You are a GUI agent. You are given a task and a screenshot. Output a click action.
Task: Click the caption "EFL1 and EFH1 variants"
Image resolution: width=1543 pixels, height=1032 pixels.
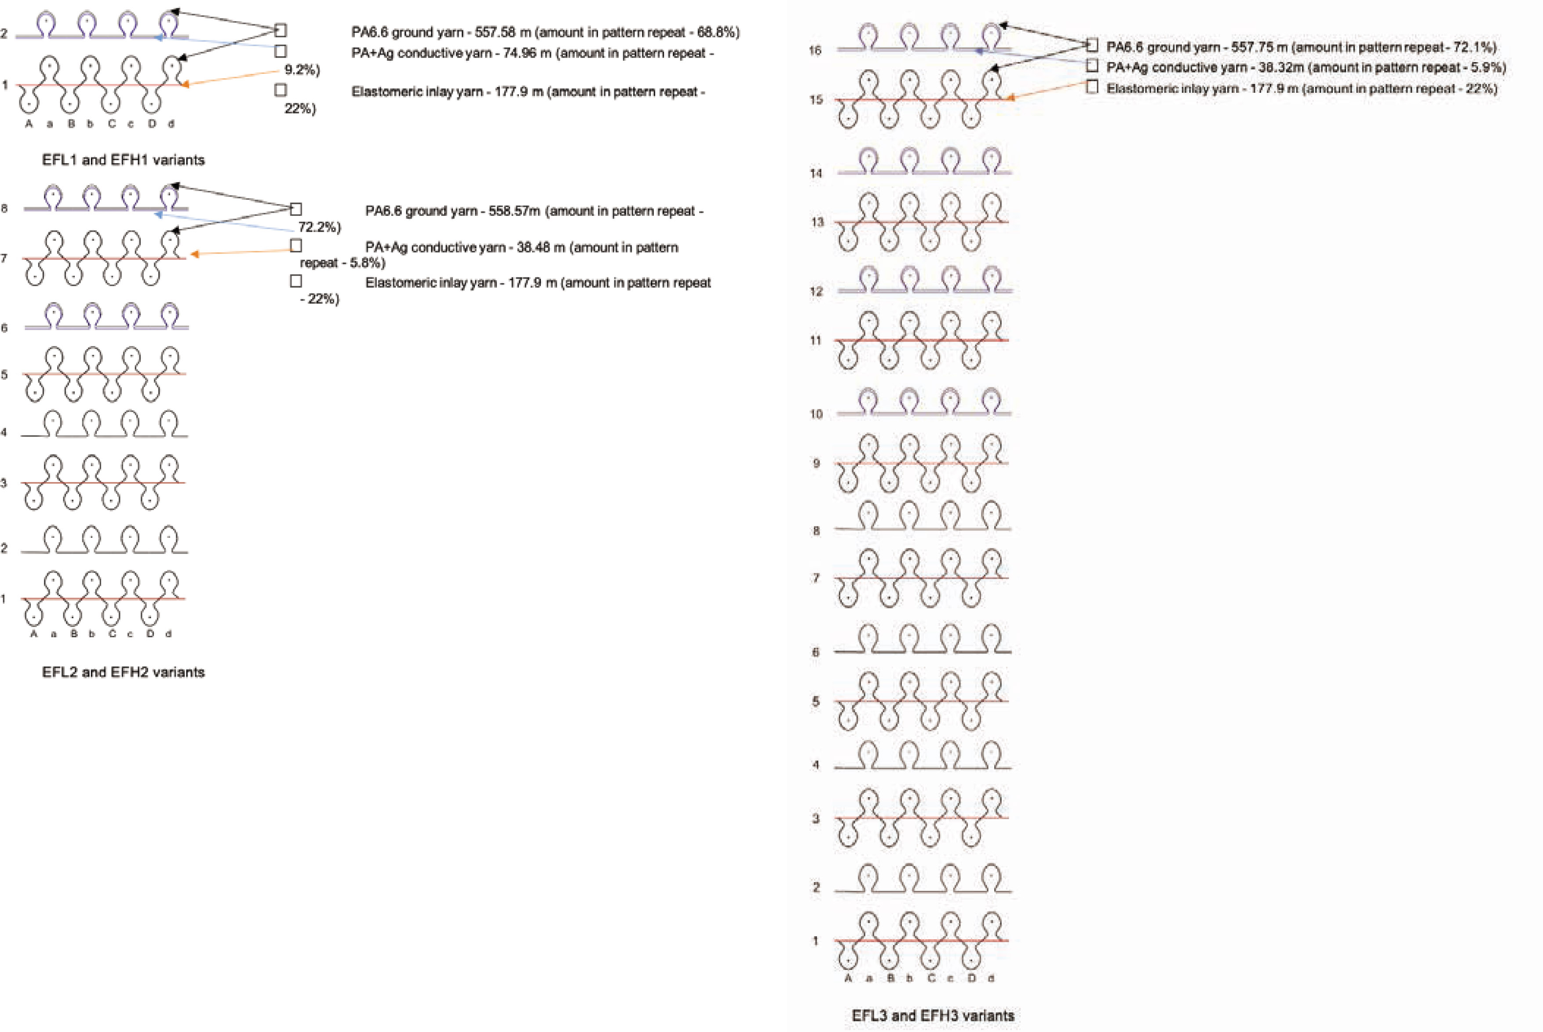click(123, 160)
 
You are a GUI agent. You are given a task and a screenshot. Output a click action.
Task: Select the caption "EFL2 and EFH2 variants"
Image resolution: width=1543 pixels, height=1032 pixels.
click(123, 672)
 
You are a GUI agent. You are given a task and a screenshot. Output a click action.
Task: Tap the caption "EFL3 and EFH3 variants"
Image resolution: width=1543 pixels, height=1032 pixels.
click(933, 1016)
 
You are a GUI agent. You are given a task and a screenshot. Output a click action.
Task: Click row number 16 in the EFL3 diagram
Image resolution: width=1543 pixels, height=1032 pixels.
click(815, 51)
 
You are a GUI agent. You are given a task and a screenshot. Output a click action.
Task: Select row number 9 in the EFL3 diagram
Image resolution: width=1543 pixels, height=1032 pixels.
click(817, 463)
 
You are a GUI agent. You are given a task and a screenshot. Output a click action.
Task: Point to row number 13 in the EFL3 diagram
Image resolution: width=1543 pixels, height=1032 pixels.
click(817, 222)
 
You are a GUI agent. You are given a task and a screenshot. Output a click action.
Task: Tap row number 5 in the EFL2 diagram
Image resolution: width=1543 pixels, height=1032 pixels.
click(4, 375)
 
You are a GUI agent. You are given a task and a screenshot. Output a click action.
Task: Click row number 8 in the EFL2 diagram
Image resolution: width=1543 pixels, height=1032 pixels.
click(4, 208)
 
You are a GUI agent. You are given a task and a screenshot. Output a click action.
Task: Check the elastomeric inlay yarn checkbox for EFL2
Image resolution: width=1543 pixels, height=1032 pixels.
click(296, 281)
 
